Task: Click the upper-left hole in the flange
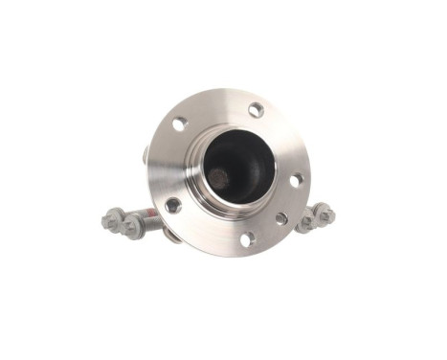coord(179,123)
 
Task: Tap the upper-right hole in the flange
coord(256,110)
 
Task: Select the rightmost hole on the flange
coord(296,179)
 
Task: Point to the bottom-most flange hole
coord(246,238)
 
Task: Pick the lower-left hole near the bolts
coord(172,205)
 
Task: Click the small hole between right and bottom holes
coord(280,218)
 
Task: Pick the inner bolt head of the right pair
coord(309,221)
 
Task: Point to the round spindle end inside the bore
coord(219,178)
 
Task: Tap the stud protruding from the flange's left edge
coord(145,153)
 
